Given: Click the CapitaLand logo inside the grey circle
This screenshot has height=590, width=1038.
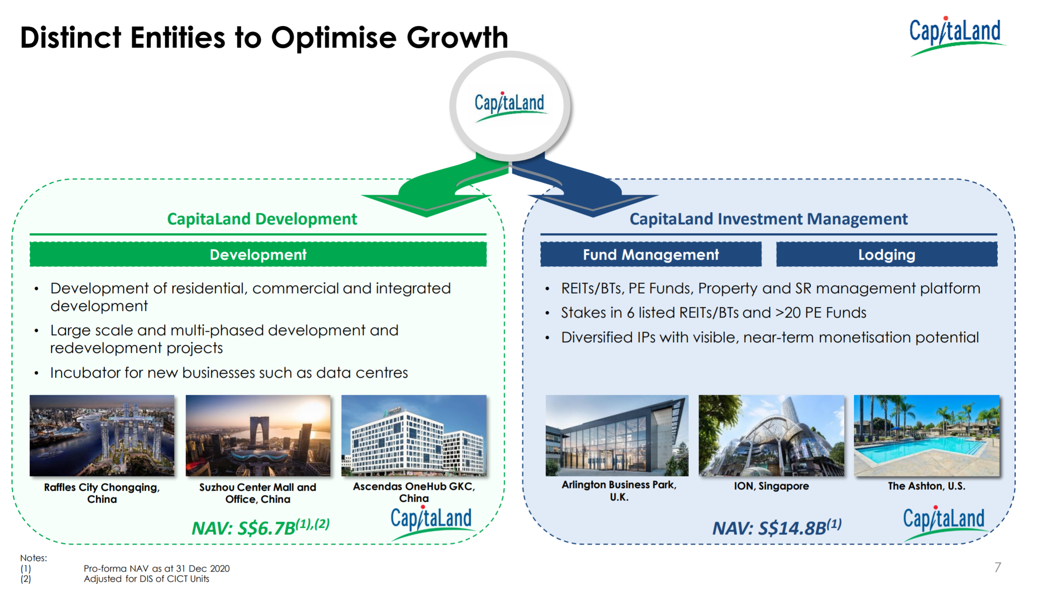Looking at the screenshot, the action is (x=510, y=106).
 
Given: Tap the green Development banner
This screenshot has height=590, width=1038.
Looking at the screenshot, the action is (x=258, y=254).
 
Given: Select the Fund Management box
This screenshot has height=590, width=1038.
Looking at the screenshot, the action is (x=651, y=254).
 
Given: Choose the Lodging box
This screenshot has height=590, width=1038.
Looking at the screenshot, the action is (x=887, y=254).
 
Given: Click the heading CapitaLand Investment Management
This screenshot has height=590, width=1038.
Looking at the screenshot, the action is (x=768, y=219).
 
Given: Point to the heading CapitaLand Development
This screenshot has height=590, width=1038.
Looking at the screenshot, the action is (x=262, y=219).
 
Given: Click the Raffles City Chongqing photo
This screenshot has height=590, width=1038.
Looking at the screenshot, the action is (x=102, y=435).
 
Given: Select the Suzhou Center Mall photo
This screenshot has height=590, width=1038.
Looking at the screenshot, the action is (x=258, y=435).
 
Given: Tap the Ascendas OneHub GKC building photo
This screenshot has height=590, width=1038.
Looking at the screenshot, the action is (x=414, y=435).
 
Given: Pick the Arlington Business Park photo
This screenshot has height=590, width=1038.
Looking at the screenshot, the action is (x=617, y=435).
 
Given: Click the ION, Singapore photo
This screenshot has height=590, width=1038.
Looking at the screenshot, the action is (x=771, y=435).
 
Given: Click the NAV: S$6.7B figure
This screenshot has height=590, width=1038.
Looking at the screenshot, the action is (x=260, y=527).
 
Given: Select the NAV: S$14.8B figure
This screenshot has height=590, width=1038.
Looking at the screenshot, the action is (x=777, y=527).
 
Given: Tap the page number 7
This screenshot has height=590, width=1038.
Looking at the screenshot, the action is (x=998, y=567).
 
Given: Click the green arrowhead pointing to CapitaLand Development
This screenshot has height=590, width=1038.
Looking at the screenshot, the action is (x=427, y=204).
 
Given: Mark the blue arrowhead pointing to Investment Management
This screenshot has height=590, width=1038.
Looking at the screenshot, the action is (x=593, y=204).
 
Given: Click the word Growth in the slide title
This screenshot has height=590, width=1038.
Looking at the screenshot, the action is (x=457, y=37).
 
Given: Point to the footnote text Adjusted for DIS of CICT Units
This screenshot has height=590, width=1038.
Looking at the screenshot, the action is (x=146, y=579).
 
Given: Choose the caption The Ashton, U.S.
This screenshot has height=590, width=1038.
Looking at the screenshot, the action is (x=927, y=486).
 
